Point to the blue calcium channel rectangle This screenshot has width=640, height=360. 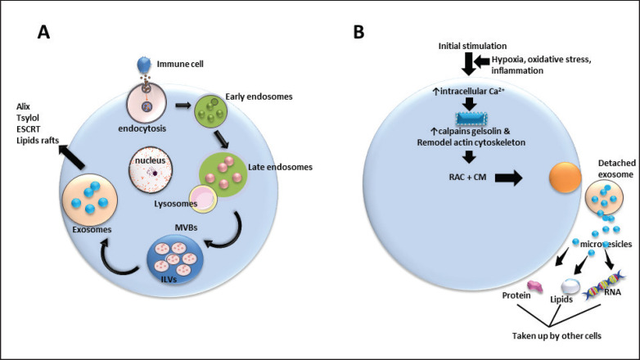(473, 122)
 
